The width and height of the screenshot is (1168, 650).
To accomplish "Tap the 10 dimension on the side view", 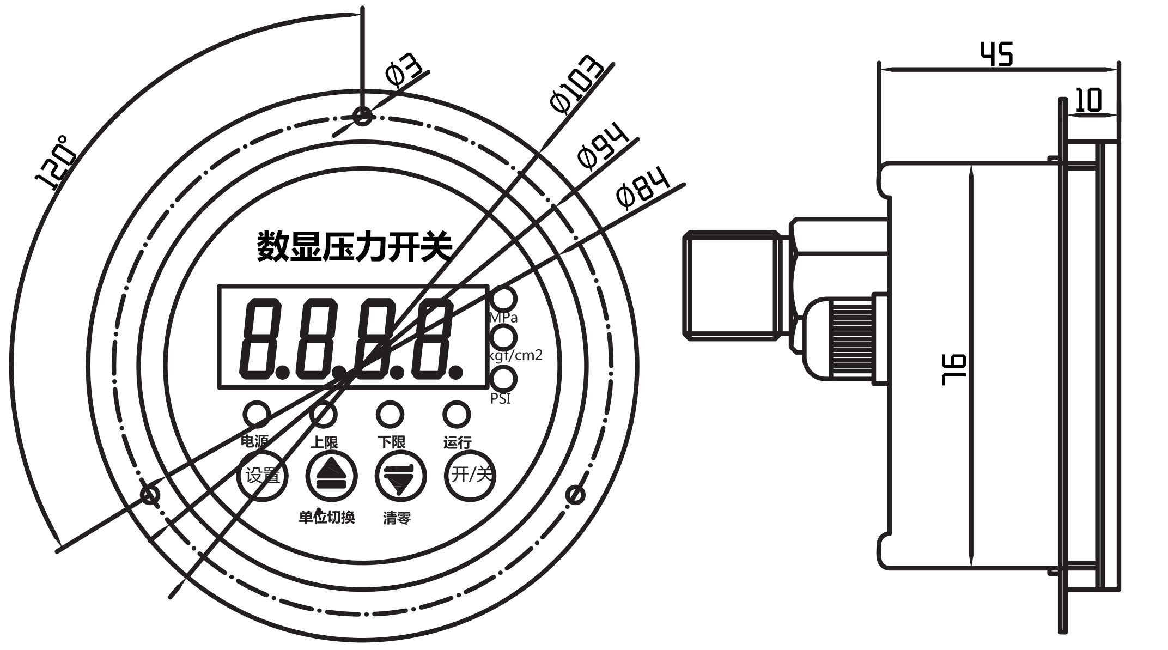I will coord(1089,101).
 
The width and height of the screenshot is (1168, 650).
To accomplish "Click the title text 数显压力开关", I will coord(355,247).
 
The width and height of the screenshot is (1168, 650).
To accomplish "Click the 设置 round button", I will coord(263,476).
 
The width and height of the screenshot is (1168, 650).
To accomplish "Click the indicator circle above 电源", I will coord(256,414).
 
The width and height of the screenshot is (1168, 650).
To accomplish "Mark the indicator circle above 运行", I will coord(457,414).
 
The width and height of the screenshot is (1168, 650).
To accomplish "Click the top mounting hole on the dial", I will coord(362,116).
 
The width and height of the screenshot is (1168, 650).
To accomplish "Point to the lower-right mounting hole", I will coord(575,495).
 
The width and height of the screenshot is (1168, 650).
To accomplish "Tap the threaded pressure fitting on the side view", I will coord(730,283).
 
